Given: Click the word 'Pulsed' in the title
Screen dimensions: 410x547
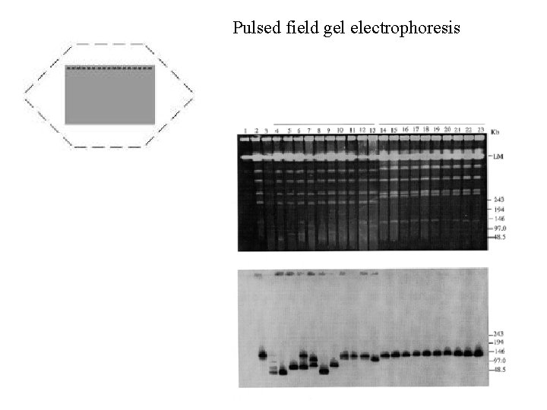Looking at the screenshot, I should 256,29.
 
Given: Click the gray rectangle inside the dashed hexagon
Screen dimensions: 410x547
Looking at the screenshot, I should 109,95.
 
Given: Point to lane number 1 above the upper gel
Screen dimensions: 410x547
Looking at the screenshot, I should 245,131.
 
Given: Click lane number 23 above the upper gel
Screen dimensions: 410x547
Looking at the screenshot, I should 480,131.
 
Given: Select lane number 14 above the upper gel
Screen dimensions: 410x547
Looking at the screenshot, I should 383,131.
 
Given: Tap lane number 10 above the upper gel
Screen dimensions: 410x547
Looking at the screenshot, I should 340,131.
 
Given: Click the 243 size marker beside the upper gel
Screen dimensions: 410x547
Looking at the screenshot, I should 498,199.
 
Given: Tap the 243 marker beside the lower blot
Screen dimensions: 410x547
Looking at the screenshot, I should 498,334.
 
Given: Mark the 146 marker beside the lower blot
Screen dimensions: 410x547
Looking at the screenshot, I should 498,352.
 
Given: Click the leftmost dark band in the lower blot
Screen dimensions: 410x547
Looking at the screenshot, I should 263,354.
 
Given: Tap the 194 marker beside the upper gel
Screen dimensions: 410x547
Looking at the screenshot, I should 498,209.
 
